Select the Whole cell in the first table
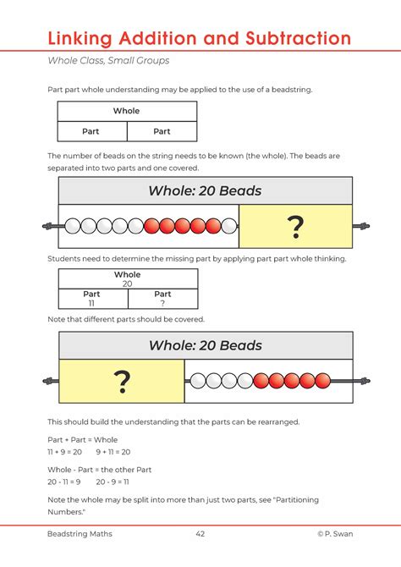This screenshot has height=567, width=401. point(126,111)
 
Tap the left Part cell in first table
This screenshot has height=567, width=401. point(91,131)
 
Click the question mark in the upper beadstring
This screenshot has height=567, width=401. point(295,226)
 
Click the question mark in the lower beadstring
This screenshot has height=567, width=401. point(123,382)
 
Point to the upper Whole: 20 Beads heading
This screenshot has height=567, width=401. point(205,190)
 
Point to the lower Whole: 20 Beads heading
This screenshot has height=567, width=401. point(205,345)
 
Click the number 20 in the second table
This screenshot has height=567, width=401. point(128,284)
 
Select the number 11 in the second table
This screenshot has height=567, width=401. point(91,303)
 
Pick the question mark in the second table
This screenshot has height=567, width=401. point(162,303)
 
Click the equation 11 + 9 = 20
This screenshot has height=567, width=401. point(64,452)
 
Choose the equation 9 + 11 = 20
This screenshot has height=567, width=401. point(113,452)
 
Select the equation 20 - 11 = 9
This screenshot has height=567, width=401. point(63,481)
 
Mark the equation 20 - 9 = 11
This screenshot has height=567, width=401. point(113,481)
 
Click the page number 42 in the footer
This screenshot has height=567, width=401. point(200,534)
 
